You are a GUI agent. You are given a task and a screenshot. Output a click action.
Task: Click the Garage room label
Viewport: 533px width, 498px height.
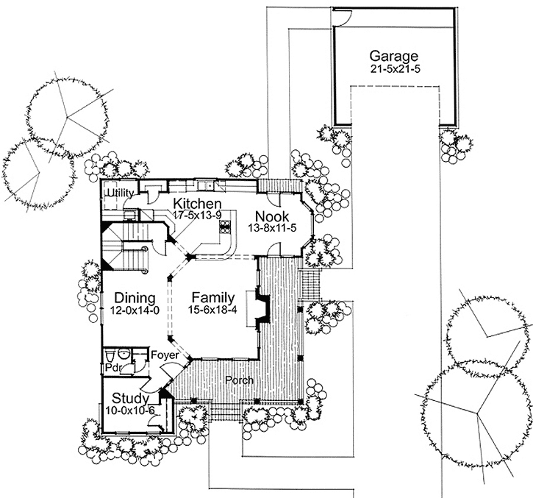pos(393,56)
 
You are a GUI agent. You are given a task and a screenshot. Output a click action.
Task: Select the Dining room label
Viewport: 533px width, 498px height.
pos(135,298)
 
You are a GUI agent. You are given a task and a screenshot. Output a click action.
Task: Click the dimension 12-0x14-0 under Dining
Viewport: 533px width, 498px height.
pos(135,310)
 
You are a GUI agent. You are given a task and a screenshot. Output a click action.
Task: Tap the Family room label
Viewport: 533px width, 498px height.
pos(213,298)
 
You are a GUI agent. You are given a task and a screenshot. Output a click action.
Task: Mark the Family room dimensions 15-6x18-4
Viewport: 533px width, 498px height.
pos(213,310)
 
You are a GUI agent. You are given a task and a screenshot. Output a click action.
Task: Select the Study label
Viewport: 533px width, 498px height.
pos(129,398)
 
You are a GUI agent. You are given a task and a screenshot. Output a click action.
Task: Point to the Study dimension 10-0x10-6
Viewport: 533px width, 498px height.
pos(129,410)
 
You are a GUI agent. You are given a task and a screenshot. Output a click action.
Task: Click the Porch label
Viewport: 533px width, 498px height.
pos(240,380)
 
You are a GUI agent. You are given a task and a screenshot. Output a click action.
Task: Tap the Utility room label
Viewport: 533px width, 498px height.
pos(119,193)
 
